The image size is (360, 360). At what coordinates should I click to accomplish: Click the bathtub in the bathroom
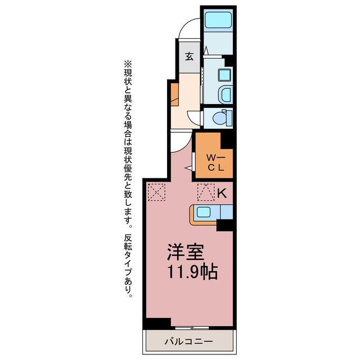click(218, 20)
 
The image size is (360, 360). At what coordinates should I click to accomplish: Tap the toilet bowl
click(220, 119)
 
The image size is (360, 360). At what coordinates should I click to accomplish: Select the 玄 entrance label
click(190, 56)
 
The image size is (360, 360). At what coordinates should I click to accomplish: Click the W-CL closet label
click(216, 163)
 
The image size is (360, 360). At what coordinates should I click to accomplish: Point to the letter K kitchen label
click(222, 193)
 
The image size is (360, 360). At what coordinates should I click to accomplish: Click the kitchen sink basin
click(204, 211)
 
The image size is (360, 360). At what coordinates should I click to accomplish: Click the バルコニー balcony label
click(189, 342)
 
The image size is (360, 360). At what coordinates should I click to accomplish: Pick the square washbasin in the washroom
click(224, 75)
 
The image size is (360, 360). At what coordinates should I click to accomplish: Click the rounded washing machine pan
click(225, 94)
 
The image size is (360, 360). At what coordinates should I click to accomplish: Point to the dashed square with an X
click(156, 192)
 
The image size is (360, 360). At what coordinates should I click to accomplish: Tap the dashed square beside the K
click(206, 192)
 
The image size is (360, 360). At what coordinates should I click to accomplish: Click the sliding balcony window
click(192, 327)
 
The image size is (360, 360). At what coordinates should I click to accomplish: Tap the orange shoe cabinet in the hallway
click(174, 94)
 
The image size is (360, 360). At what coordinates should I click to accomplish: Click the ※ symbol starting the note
click(128, 64)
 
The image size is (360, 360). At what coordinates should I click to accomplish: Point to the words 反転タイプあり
click(128, 265)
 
